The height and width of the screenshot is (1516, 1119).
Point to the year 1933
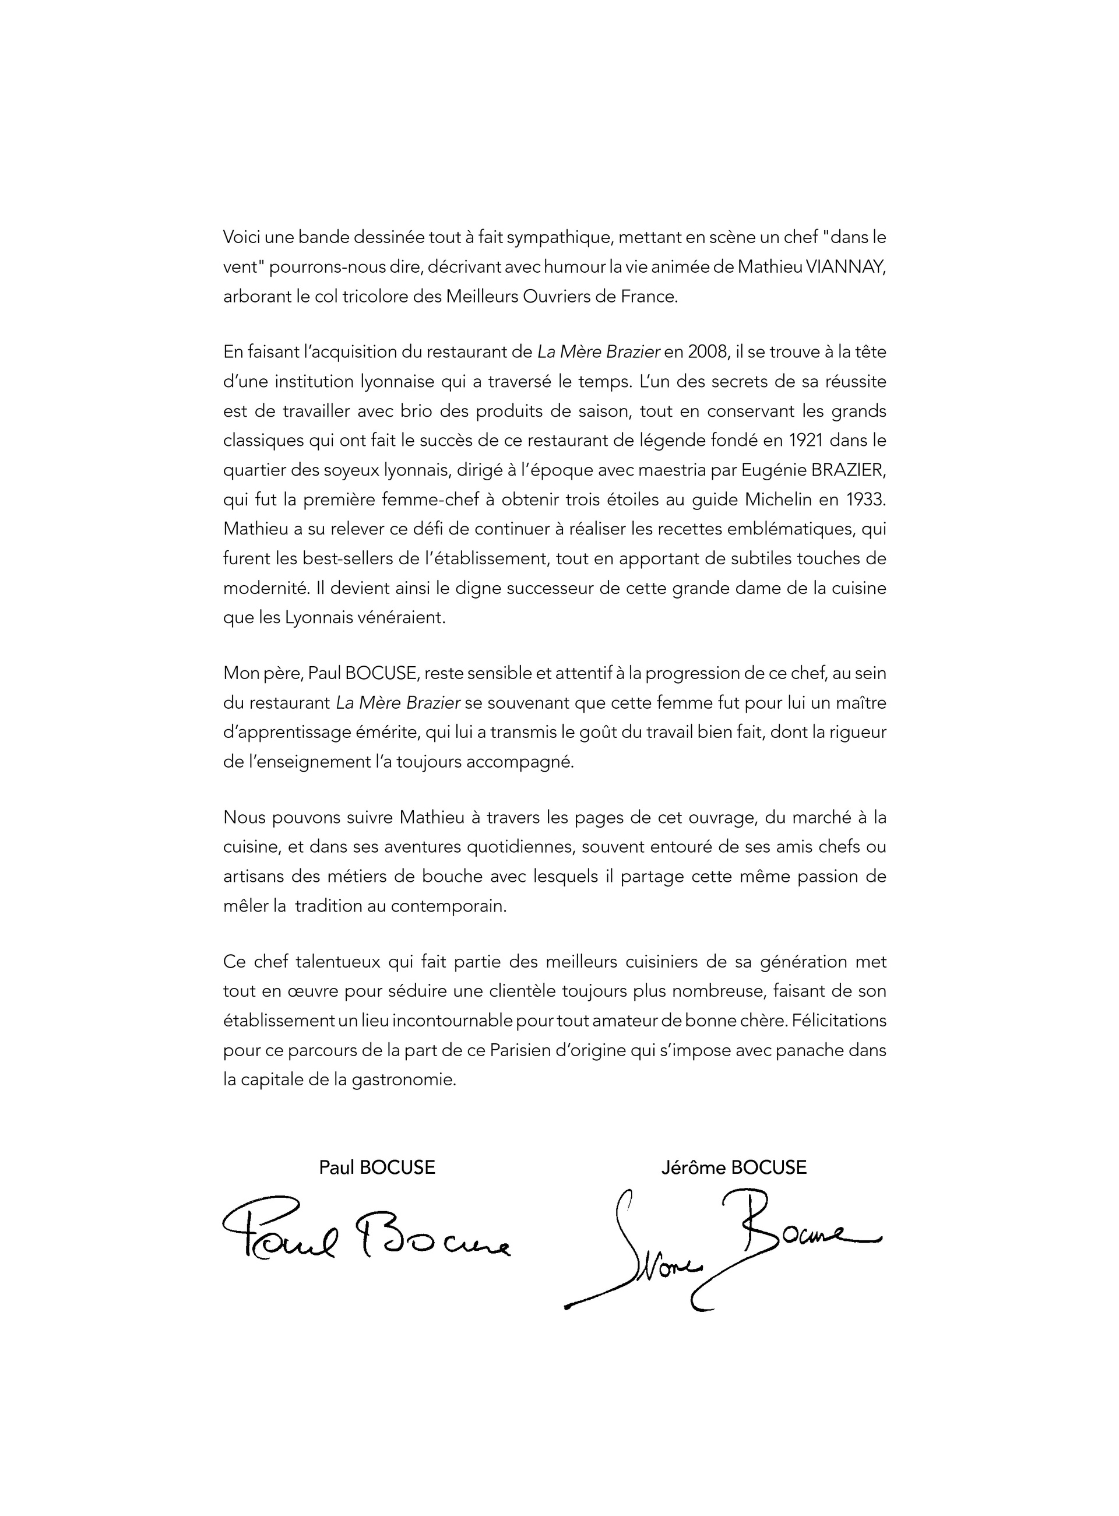[865, 500]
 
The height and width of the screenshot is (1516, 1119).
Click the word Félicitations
[838, 1020]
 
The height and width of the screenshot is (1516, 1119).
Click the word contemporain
[448, 906]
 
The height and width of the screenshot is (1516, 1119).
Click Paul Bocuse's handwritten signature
[367, 1235]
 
